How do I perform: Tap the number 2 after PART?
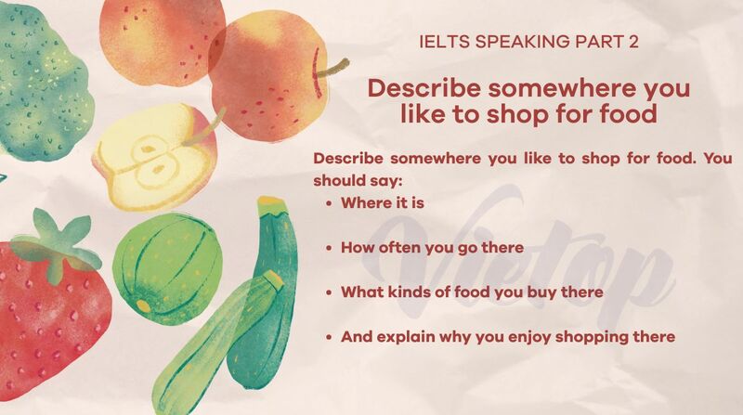tap(633, 42)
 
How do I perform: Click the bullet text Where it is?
tap(382, 201)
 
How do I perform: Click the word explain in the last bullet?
tap(398, 336)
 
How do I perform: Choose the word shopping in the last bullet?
tap(583, 336)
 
